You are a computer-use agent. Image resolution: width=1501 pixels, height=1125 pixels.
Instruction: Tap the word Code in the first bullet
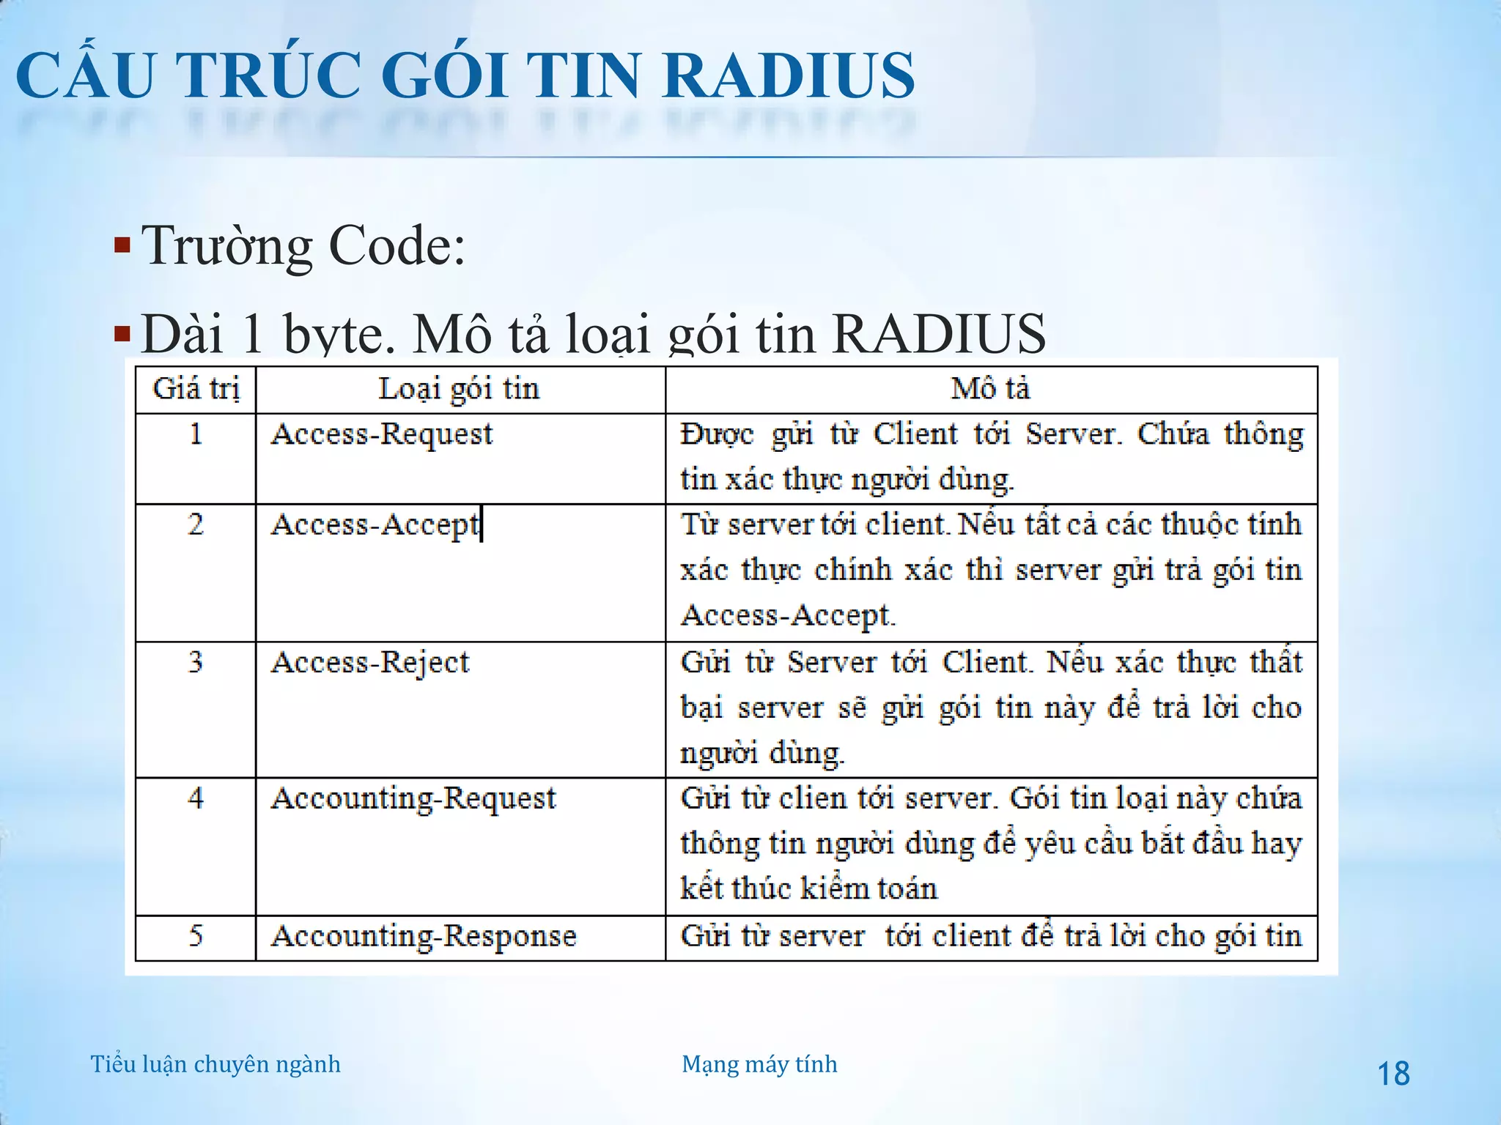(x=397, y=246)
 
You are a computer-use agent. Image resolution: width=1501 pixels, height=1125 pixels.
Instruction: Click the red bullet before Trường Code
(x=122, y=245)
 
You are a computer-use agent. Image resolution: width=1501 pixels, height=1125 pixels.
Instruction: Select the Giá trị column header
(x=196, y=389)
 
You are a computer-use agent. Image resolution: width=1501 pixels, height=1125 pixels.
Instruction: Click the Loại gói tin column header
(x=459, y=389)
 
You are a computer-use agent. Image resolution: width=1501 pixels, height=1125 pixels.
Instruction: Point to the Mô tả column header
(x=990, y=389)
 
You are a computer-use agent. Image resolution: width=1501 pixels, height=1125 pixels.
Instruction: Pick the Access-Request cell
(x=382, y=434)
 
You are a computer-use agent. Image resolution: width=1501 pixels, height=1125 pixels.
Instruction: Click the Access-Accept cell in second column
(x=375, y=525)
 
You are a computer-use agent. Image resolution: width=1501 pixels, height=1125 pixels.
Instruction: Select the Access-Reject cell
(x=370, y=663)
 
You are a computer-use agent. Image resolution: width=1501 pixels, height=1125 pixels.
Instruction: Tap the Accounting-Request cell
(x=413, y=798)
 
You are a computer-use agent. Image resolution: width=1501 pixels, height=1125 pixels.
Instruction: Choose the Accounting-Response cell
(x=424, y=936)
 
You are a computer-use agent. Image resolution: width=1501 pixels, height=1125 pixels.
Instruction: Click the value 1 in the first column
(x=196, y=434)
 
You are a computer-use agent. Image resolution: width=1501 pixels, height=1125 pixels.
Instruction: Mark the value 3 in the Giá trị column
(x=196, y=663)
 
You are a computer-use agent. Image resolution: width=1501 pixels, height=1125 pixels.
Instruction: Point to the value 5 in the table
(x=196, y=936)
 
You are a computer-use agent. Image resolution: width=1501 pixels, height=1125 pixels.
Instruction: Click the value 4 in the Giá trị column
(x=196, y=798)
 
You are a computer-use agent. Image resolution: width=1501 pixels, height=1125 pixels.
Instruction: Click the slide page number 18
(x=1393, y=1074)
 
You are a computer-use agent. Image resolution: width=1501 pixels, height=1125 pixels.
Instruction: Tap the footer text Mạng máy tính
(x=759, y=1064)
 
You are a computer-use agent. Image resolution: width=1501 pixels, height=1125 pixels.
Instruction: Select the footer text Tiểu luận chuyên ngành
(x=215, y=1064)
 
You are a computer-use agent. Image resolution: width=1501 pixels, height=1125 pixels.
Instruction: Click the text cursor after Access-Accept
(x=482, y=524)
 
